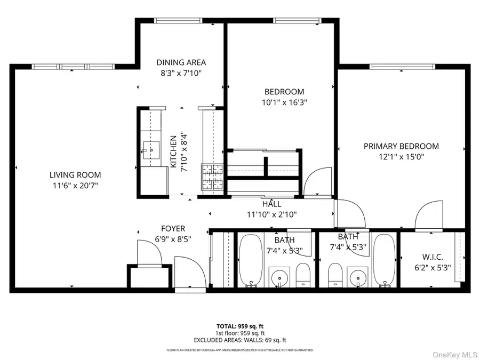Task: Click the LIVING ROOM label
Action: [x=75, y=174]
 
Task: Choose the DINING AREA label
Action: [x=181, y=62]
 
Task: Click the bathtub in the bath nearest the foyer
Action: [x=249, y=260]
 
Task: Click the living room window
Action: [x=73, y=67]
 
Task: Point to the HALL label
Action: [x=271, y=204]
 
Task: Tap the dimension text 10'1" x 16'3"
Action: [x=284, y=102]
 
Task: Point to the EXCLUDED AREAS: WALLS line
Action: [x=239, y=340]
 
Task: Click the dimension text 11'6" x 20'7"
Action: [x=75, y=185]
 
